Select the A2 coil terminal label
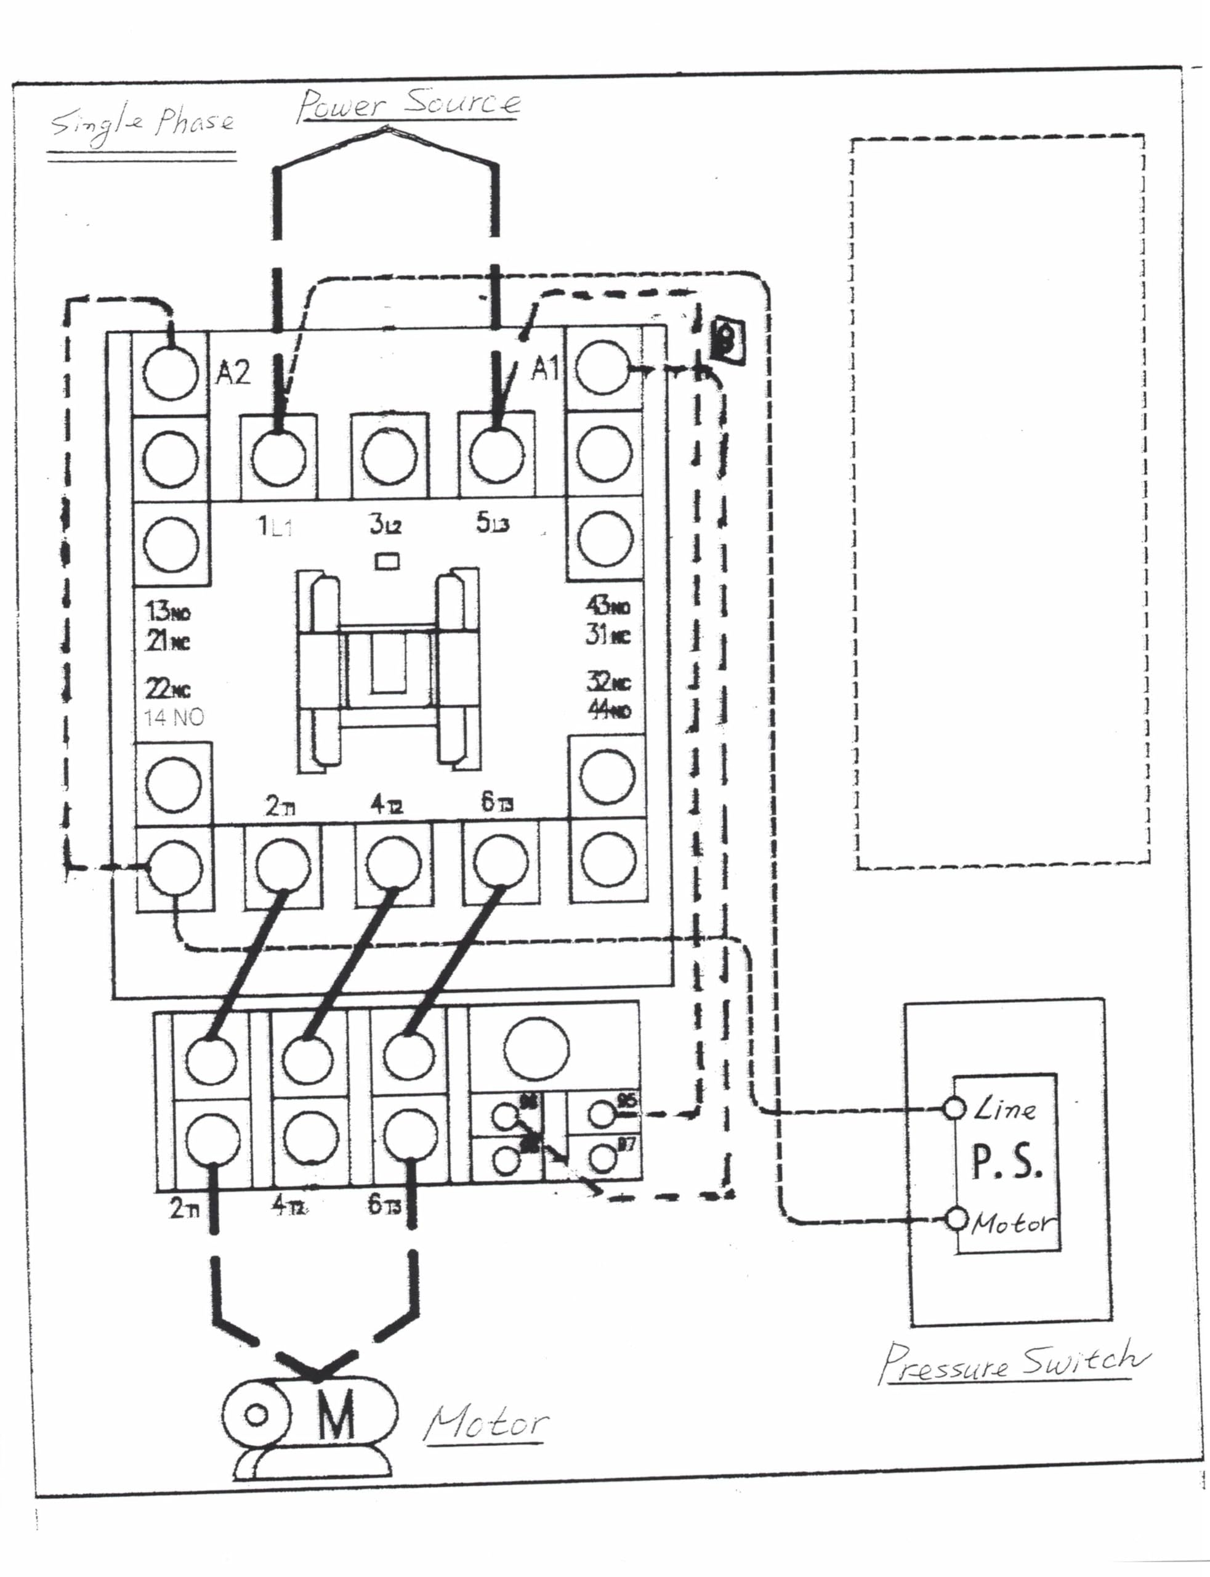[x=233, y=373]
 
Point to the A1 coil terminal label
[x=544, y=369]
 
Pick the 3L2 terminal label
[x=385, y=524]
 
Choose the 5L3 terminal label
[x=493, y=523]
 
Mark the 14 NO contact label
[x=174, y=717]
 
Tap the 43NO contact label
[x=608, y=605]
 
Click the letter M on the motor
[x=336, y=1414]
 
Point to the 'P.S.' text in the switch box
[x=1006, y=1162]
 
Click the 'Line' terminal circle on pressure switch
[x=954, y=1108]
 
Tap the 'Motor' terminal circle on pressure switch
[x=956, y=1218]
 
